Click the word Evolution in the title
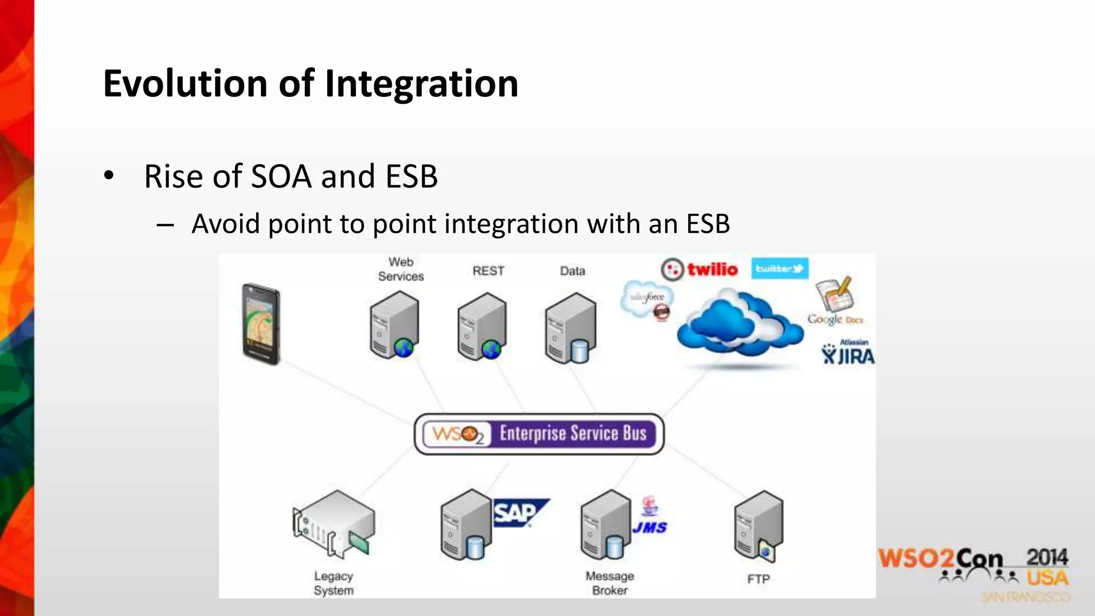click(x=185, y=84)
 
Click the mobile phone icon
click(x=260, y=324)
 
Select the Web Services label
click(x=400, y=269)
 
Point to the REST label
click(x=488, y=271)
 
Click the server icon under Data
click(x=570, y=328)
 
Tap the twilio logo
click(x=699, y=269)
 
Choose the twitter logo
click(x=780, y=268)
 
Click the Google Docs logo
click(x=835, y=302)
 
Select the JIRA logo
click(x=848, y=353)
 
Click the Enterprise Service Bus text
click(x=573, y=433)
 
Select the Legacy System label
click(x=334, y=583)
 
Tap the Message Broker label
click(x=610, y=583)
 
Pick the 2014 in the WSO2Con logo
click(x=1047, y=558)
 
